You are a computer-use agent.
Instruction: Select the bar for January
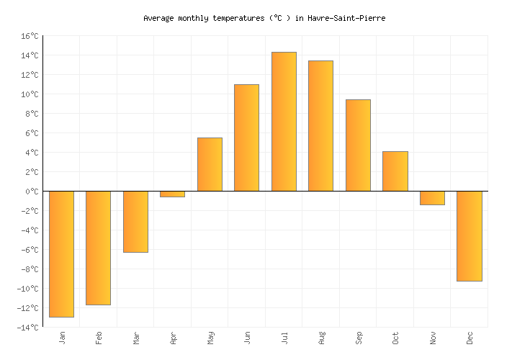[61, 253]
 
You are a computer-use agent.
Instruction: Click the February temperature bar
[98, 248]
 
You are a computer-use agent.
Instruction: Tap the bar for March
[135, 222]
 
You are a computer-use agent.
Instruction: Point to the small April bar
[172, 194]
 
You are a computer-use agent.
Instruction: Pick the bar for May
[210, 164]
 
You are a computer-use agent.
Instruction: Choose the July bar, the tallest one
[284, 122]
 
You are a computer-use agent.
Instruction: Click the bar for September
[358, 145]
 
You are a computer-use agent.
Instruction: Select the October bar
[395, 171]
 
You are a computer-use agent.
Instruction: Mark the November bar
[432, 198]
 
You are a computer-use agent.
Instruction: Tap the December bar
[469, 236]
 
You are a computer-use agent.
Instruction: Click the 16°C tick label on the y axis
[30, 36]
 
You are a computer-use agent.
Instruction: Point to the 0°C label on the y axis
[32, 192]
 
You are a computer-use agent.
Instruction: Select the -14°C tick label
[27, 328]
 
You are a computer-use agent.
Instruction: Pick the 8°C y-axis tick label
[32, 114]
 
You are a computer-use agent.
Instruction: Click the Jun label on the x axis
[247, 338]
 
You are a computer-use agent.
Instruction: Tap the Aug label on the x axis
[321, 338]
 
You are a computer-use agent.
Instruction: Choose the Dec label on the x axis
[470, 338]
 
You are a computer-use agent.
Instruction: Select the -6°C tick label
[30, 250]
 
